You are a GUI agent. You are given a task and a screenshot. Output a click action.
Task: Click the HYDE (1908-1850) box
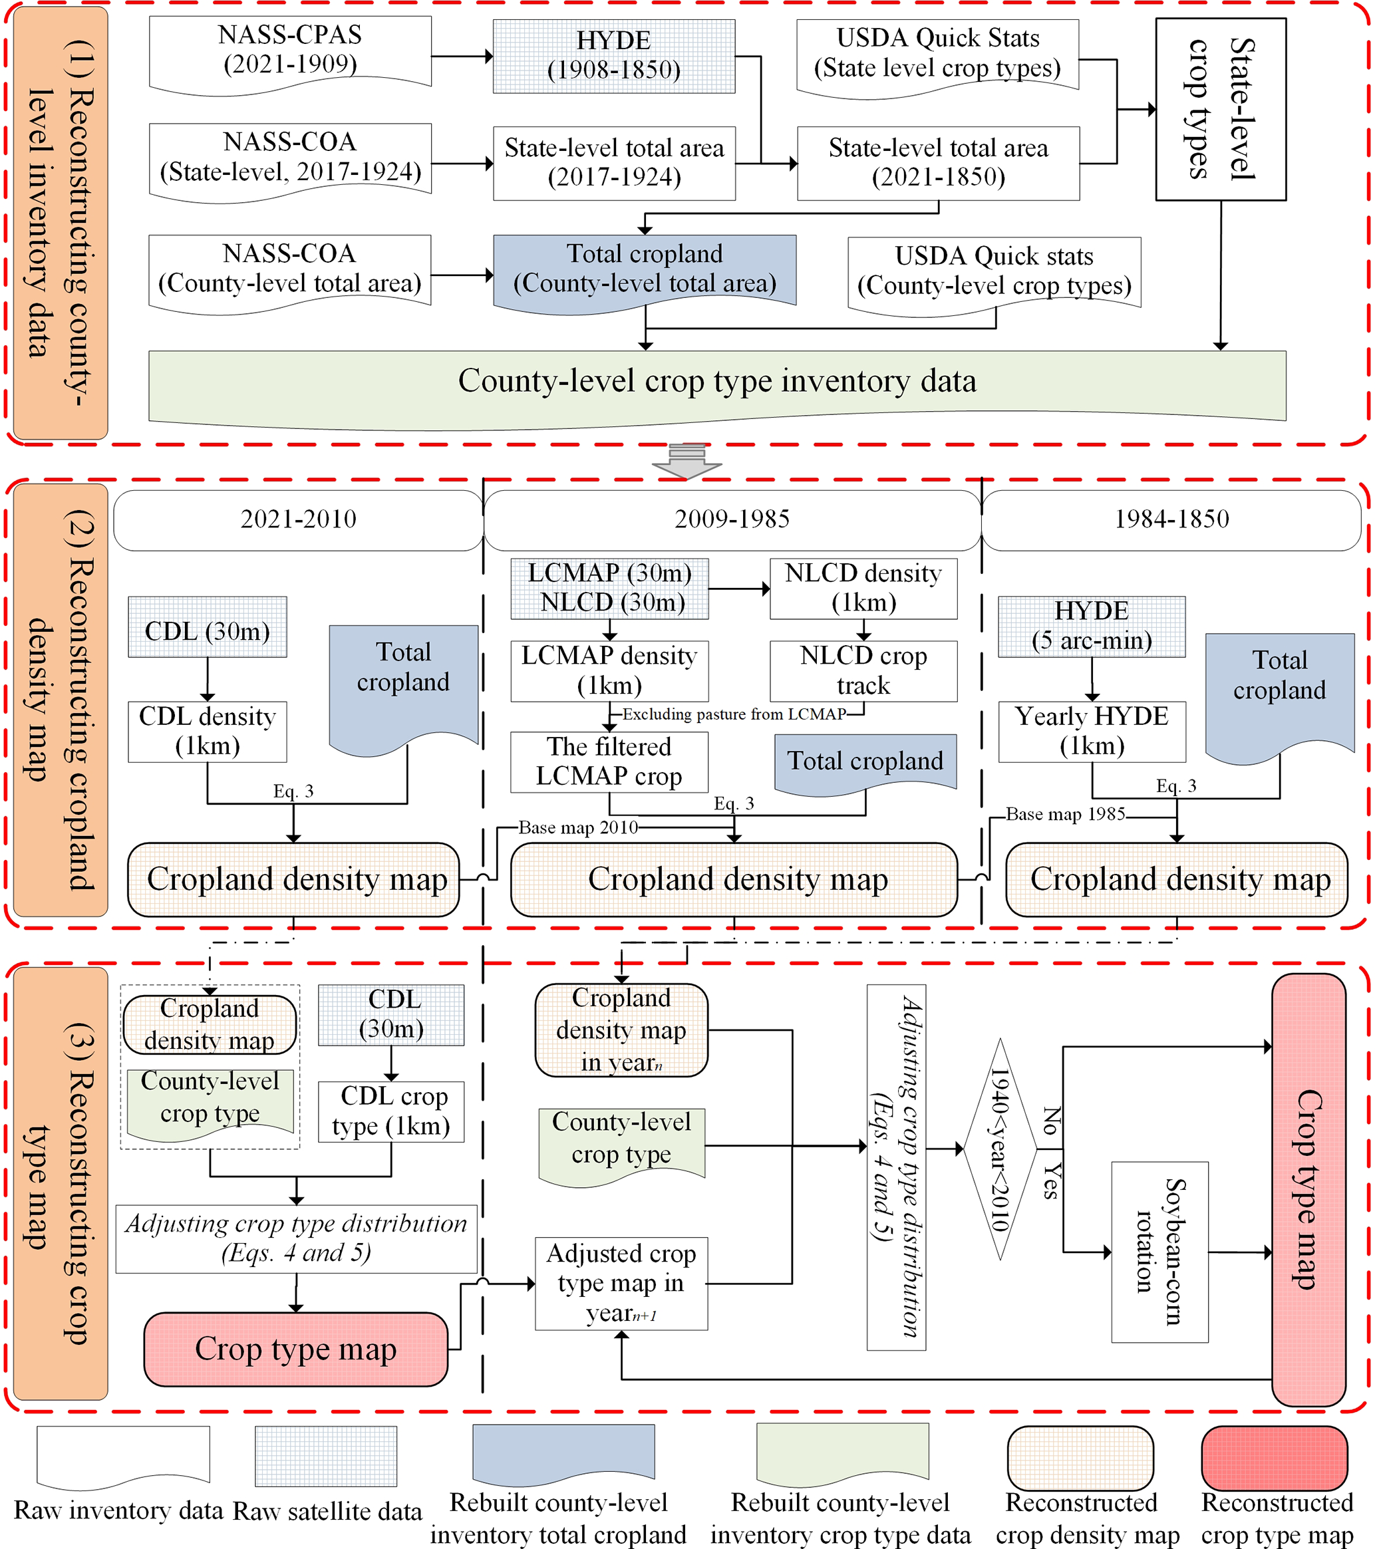point(613,56)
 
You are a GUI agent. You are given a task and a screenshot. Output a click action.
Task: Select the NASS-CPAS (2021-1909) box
point(289,51)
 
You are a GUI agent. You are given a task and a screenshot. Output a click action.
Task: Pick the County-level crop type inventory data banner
point(716,382)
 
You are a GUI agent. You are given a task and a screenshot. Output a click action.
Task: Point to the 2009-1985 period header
point(732,519)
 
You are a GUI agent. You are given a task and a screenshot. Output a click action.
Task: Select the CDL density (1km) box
point(207,732)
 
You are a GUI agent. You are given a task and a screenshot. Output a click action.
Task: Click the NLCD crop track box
point(863,670)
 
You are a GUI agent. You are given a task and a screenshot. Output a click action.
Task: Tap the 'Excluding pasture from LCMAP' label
point(733,714)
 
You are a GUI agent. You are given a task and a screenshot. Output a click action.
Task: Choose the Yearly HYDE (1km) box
point(1092,732)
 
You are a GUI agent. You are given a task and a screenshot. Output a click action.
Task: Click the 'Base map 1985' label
point(1065,814)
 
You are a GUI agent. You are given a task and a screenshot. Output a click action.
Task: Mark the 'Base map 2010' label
point(577,827)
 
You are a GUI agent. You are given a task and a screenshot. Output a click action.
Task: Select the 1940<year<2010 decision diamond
point(1000,1150)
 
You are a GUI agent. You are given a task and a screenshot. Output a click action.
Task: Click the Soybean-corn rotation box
point(1159,1251)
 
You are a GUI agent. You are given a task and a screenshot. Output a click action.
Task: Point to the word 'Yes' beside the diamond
point(1050,1181)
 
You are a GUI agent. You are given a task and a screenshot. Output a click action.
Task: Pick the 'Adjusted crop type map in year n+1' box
point(621,1283)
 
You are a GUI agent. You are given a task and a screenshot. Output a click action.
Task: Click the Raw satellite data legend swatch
point(326,1456)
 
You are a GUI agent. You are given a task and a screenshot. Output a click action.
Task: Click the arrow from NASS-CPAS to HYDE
point(462,56)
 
